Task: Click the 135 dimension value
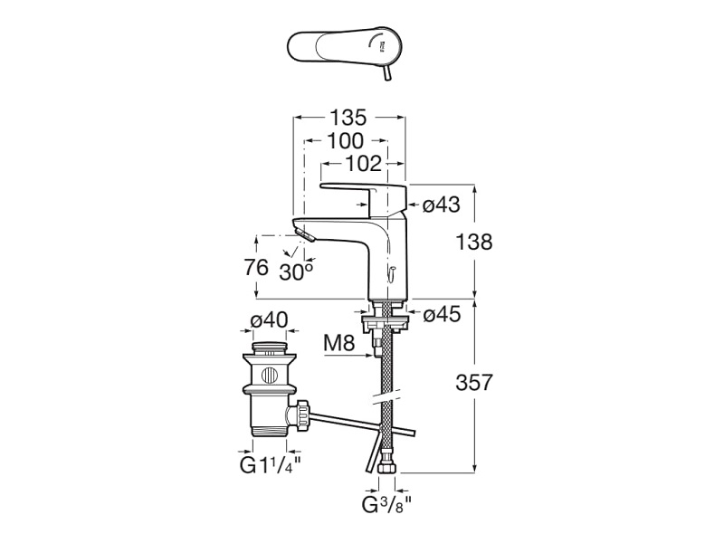(x=347, y=118)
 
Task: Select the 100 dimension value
(x=345, y=141)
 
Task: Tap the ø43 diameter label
(x=443, y=205)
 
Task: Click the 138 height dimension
(x=474, y=243)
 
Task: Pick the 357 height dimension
(x=474, y=383)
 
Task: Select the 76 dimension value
(x=258, y=268)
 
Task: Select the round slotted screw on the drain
(x=270, y=376)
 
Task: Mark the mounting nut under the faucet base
(x=386, y=321)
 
